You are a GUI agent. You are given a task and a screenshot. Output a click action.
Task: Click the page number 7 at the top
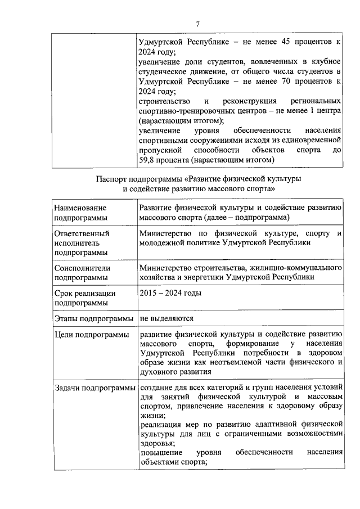(x=197, y=23)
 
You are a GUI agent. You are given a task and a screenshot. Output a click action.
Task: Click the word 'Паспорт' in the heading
(x=110, y=179)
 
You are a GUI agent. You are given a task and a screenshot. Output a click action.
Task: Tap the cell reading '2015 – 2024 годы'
(x=170, y=292)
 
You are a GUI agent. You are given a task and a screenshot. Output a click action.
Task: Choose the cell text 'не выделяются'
(x=167, y=318)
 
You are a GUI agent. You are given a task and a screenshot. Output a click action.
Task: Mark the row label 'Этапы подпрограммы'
(x=94, y=318)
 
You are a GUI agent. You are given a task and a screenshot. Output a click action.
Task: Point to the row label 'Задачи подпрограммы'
(x=94, y=388)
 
